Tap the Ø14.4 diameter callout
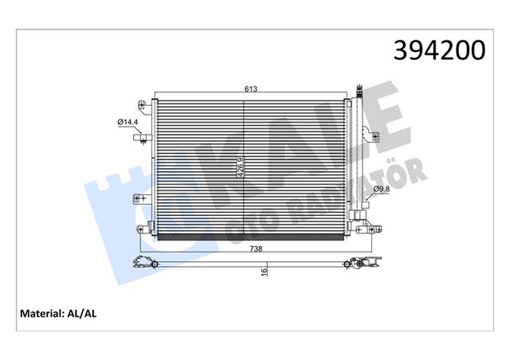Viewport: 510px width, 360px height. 128,121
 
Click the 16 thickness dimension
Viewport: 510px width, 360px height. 264,272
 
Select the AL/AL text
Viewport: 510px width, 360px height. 87,314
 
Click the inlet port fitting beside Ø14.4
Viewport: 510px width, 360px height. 141,138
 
